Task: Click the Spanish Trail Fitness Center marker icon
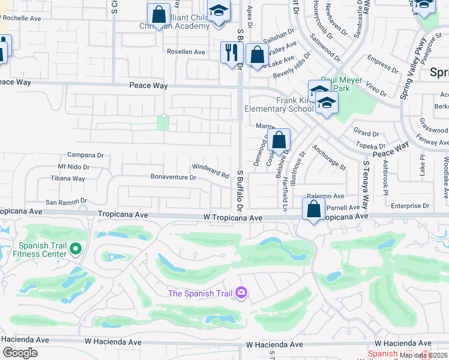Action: [76, 248]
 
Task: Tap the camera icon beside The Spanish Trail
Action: [241, 292]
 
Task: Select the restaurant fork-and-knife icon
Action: [231, 53]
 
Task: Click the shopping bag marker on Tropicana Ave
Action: [313, 210]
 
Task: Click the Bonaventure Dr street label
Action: [173, 178]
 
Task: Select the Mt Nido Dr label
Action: [73, 167]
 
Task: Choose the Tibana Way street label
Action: [68, 179]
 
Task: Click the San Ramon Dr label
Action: [66, 202]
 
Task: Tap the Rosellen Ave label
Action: [186, 52]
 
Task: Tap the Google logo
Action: [20, 353]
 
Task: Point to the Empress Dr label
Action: [379, 61]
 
